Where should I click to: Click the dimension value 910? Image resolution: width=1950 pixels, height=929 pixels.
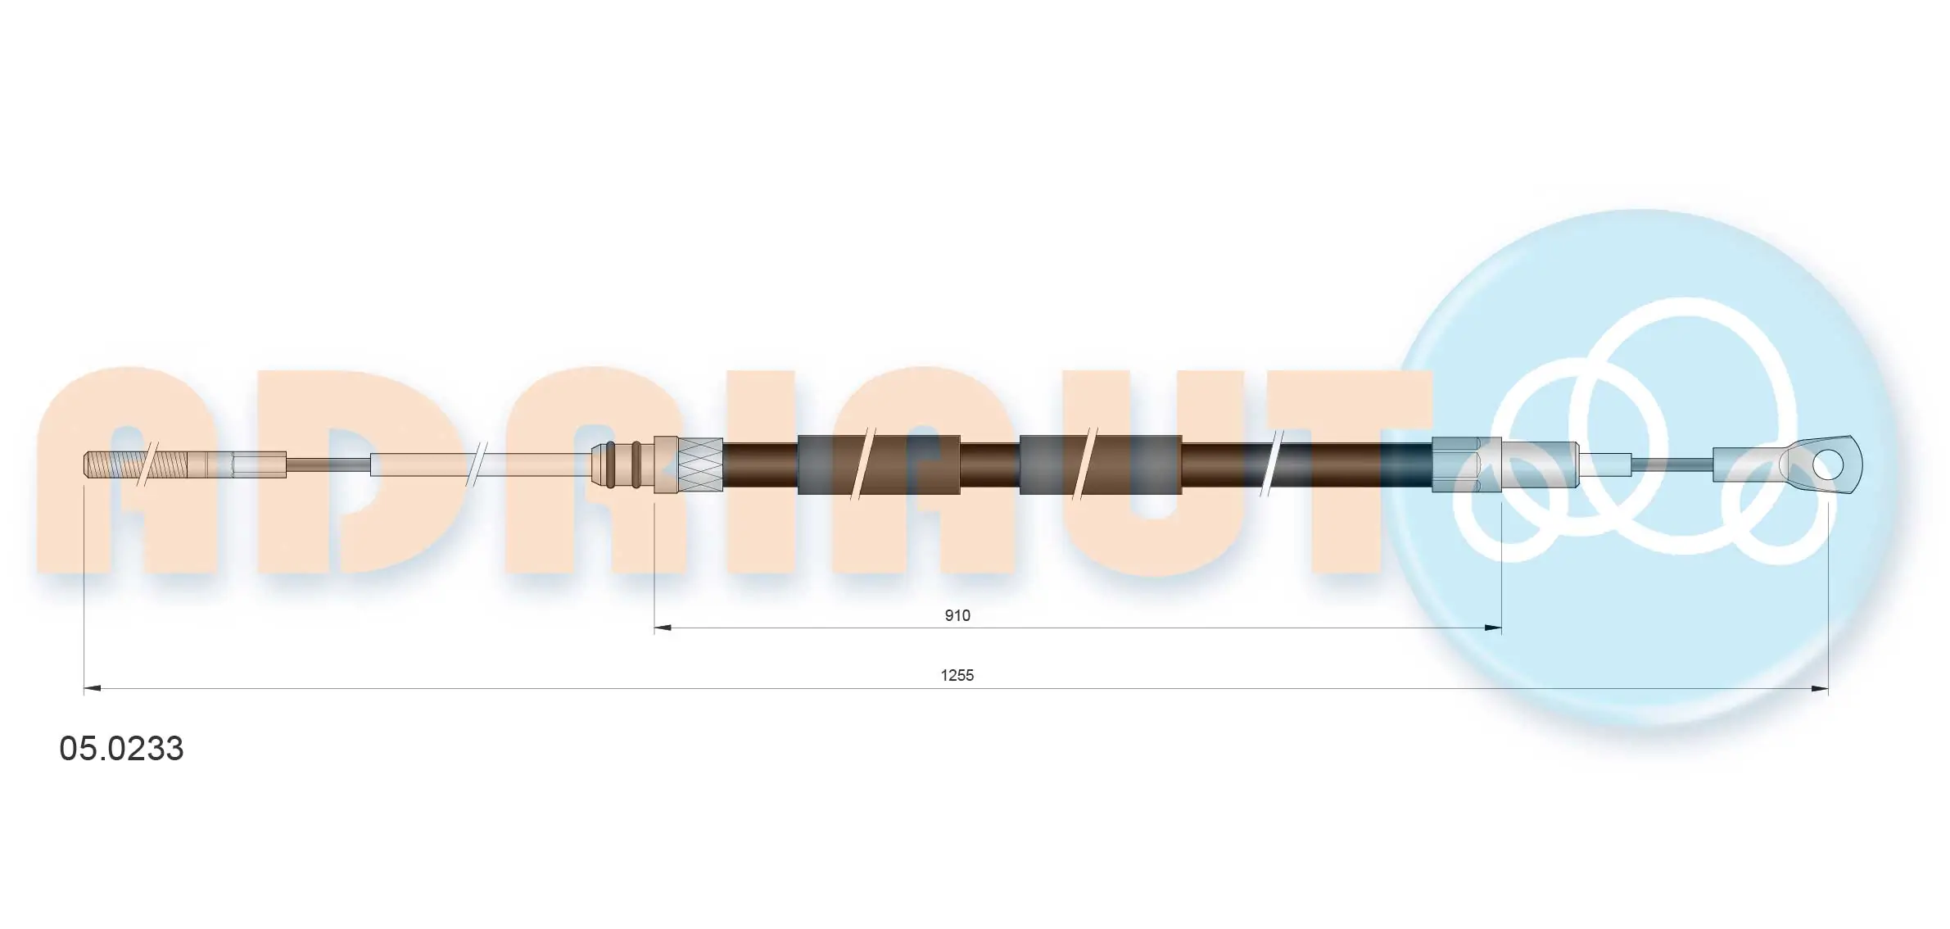[x=957, y=615]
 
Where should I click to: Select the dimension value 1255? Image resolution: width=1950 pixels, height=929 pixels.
[x=957, y=675]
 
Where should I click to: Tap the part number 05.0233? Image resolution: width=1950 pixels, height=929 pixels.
[x=121, y=749]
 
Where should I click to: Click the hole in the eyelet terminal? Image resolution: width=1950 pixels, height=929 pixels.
[x=1827, y=465]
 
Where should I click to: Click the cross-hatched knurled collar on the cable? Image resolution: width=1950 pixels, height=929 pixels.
[x=699, y=464]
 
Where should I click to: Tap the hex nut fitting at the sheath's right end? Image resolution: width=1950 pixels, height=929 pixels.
[x=1455, y=464]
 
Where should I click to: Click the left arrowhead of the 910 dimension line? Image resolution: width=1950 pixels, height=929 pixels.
[x=663, y=628]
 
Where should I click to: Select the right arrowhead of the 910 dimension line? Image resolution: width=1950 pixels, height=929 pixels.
[x=1492, y=628]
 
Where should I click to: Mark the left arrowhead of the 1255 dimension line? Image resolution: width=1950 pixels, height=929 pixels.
[x=93, y=689]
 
